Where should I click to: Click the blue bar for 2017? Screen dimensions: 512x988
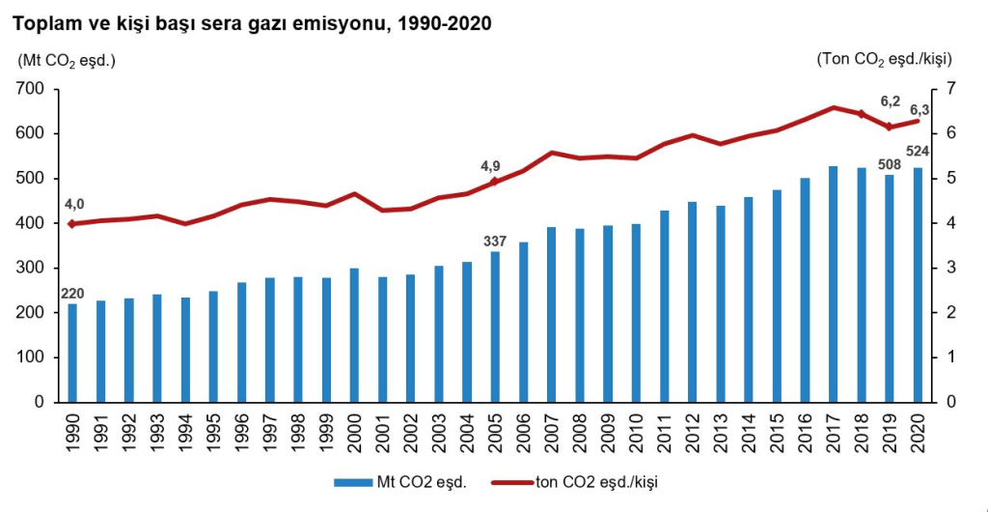pyautogui.click(x=833, y=284)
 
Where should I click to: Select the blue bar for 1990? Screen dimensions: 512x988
pyautogui.click(x=72, y=353)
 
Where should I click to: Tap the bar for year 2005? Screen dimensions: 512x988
pyautogui.click(x=495, y=327)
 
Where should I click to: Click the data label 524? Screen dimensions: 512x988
pyautogui.click(x=917, y=151)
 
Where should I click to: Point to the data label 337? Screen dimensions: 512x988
pyautogui.click(x=495, y=240)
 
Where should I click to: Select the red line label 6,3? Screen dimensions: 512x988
pyautogui.click(x=919, y=109)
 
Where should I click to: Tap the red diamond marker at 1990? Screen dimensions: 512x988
pyautogui.click(x=72, y=224)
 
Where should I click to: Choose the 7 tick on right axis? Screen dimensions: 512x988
pyautogui.click(x=951, y=89)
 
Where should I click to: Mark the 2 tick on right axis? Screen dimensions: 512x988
pyautogui.click(x=951, y=312)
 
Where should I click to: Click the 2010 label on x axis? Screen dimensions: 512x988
pyautogui.click(x=636, y=431)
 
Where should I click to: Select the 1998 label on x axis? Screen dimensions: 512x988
pyautogui.click(x=298, y=431)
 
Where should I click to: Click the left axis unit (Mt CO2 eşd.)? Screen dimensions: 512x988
pyautogui.click(x=67, y=60)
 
